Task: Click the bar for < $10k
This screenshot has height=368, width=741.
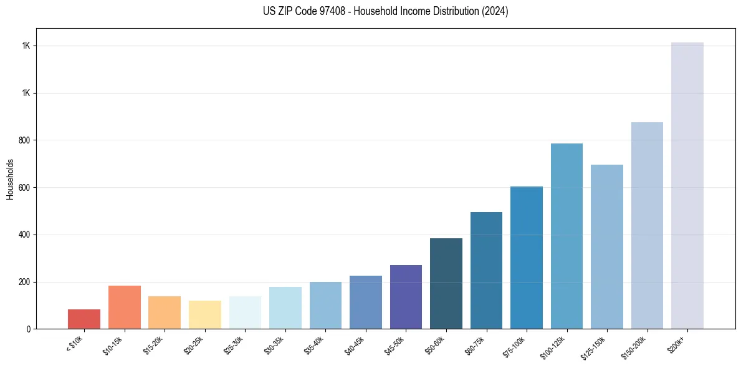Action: (x=84, y=319)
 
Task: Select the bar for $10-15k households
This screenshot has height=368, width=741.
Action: (x=124, y=307)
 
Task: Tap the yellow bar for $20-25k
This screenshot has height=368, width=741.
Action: (x=204, y=314)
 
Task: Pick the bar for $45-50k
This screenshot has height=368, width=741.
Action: (x=406, y=297)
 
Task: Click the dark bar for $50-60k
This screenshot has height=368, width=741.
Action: (x=446, y=283)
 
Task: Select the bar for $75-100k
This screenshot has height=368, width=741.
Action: (x=526, y=258)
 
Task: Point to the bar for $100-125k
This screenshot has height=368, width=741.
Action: (x=567, y=236)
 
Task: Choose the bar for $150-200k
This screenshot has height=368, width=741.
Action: (x=647, y=225)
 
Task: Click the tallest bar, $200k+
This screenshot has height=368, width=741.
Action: (x=687, y=185)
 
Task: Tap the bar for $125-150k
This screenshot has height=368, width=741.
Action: (x=606, y=246)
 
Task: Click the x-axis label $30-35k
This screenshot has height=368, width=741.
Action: (x=275, y=345)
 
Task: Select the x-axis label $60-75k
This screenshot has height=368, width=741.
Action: (x=476, y=345)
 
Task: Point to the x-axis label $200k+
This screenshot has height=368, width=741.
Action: (x=678, y=343)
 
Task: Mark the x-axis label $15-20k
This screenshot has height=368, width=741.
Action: (x=154, y=345)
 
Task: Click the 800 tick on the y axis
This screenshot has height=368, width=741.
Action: (x=24, y=140)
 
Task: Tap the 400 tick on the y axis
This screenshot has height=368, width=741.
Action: (x=24, y=235)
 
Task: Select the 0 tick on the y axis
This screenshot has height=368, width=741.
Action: (x=28, y=329)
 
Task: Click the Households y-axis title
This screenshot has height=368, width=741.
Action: (x=10, y=179)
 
